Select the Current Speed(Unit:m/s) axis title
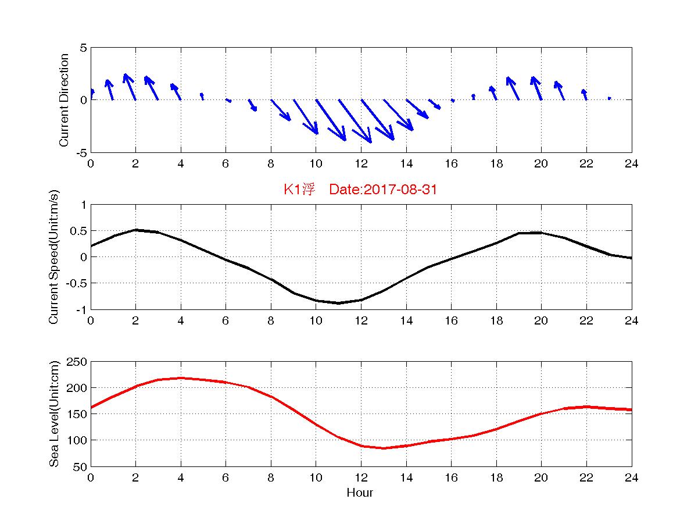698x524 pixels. pos(54,257)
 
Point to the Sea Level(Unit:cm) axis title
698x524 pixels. pos(54,414)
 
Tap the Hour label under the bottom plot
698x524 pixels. pos(360,493)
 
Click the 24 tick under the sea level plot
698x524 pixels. pos(631,477)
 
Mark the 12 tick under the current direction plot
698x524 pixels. pos(361,163)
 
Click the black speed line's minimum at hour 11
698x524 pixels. pos(338,303)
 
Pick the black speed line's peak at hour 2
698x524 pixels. pos(135,230)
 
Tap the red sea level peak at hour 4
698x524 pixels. pos(181,378)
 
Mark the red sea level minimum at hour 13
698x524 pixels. pos(384,448)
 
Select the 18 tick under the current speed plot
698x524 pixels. pos(496,320)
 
